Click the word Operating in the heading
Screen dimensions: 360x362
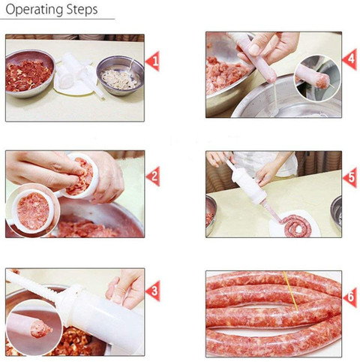click(34, 10)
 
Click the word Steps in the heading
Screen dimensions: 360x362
click(82, 10)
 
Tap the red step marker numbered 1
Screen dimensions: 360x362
click(153, 61)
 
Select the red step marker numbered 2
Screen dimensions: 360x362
click(153, 176)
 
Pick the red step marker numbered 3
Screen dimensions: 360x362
click(153, 291)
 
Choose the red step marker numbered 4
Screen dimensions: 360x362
click(349, 59)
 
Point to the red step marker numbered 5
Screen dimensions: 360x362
click(349, 178)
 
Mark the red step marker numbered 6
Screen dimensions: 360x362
click(349, 297)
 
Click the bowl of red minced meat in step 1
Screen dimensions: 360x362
click(29, 73)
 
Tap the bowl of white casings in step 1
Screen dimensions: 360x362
click(120, 76)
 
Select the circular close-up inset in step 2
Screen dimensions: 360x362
click(33, 210)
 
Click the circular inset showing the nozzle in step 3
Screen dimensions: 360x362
click(34, 327)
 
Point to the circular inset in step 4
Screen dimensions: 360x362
click(318, 78)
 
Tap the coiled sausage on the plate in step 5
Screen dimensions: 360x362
click(296, 225)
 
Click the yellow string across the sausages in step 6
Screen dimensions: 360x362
click(291, 291)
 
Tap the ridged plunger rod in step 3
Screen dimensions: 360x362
click(32, 286)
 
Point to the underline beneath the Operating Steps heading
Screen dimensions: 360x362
click(58, 19)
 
